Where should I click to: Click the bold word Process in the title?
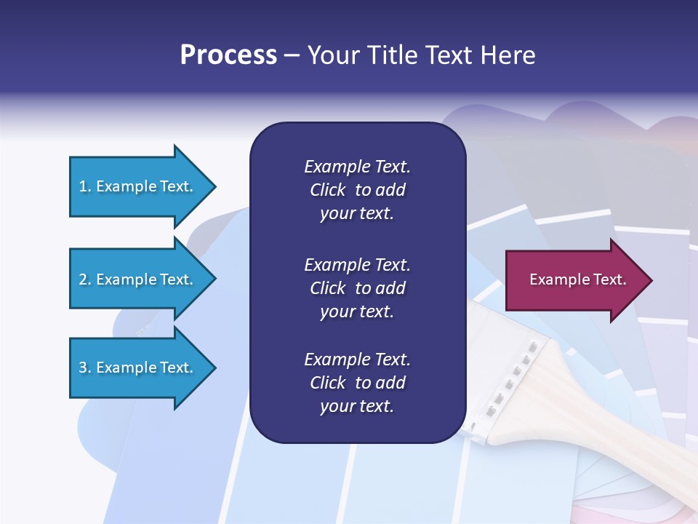[x=228, y=55]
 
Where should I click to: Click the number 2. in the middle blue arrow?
[x=85, y=279]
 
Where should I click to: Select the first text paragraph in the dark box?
[x=357, y=190]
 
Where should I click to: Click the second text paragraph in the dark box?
[x=357, y=288]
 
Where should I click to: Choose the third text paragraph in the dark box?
[x=357, y=383]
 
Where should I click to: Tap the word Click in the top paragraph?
[x=327, y=190]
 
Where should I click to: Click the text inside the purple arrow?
[x=577, y=279]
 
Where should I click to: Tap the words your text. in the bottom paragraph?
[x=357, y=406]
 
